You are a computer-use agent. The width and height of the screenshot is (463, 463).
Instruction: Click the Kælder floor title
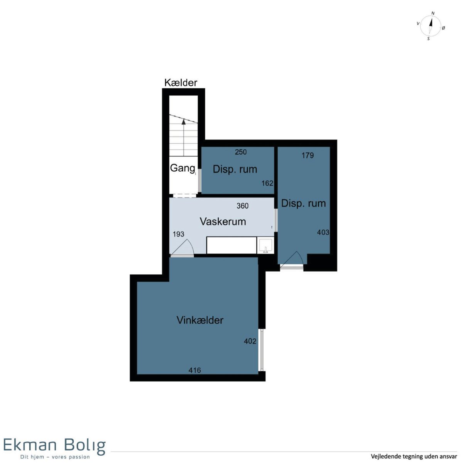pos(181,83)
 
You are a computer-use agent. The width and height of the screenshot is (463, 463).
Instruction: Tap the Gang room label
pos(182,168)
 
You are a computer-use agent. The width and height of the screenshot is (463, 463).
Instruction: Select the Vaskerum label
pos(223,222)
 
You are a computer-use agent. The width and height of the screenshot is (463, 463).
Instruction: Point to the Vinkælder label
pos(200,320)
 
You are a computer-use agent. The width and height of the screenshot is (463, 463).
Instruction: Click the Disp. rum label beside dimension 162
pos(235,169)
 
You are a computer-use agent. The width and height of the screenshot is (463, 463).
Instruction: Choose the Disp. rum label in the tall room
pos(304,203)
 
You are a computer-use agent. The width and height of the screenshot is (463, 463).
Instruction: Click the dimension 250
pos(241,152)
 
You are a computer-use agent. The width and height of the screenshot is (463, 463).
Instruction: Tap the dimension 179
pos(308,155)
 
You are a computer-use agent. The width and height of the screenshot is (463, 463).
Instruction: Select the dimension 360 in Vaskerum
pos(242,206)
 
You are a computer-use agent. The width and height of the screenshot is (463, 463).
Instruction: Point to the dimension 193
pos(179,234)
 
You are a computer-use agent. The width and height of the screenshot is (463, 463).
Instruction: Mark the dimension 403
pos(323,232)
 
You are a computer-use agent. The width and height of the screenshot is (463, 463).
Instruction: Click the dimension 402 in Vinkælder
pos(250,341)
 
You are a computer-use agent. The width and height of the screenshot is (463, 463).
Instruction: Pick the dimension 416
pos(194,370)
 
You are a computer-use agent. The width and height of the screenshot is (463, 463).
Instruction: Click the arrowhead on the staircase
pos(184,122)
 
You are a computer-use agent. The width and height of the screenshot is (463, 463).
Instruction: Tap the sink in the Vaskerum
pos(265,245)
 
